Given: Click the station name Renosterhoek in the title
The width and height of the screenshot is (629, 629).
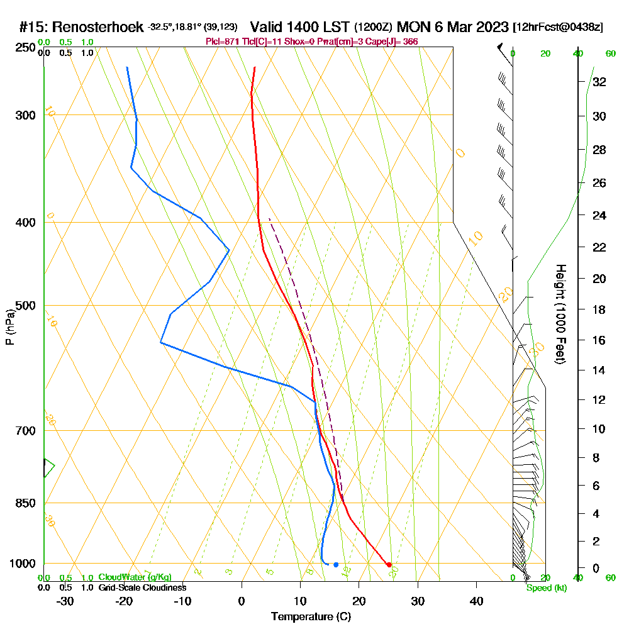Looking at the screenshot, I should coord(99,28).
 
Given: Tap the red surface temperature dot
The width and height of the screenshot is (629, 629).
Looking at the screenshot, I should coord(389,564).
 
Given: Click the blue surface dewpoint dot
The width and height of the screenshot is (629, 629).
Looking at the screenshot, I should coord(336,564).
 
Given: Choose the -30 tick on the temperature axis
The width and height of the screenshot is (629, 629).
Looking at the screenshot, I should coord(65,601).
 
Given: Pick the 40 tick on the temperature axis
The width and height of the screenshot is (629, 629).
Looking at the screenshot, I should coord(476,601).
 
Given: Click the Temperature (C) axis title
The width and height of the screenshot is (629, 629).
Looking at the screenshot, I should coord(311,617).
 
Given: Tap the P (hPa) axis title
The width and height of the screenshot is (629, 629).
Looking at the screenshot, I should coord(9,326).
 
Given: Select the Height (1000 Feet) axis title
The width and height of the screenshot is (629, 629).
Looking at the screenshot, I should coord(559,314).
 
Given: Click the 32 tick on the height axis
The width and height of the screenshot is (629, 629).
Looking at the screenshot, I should coord(599,82).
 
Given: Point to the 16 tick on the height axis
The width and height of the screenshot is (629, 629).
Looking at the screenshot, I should coord(599,340).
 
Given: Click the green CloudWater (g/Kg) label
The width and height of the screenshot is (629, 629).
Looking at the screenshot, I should coord(134,577).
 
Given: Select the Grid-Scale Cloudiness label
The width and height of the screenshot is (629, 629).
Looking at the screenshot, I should coord(142,587).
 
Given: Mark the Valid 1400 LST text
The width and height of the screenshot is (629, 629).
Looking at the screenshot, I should coord(300,28).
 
